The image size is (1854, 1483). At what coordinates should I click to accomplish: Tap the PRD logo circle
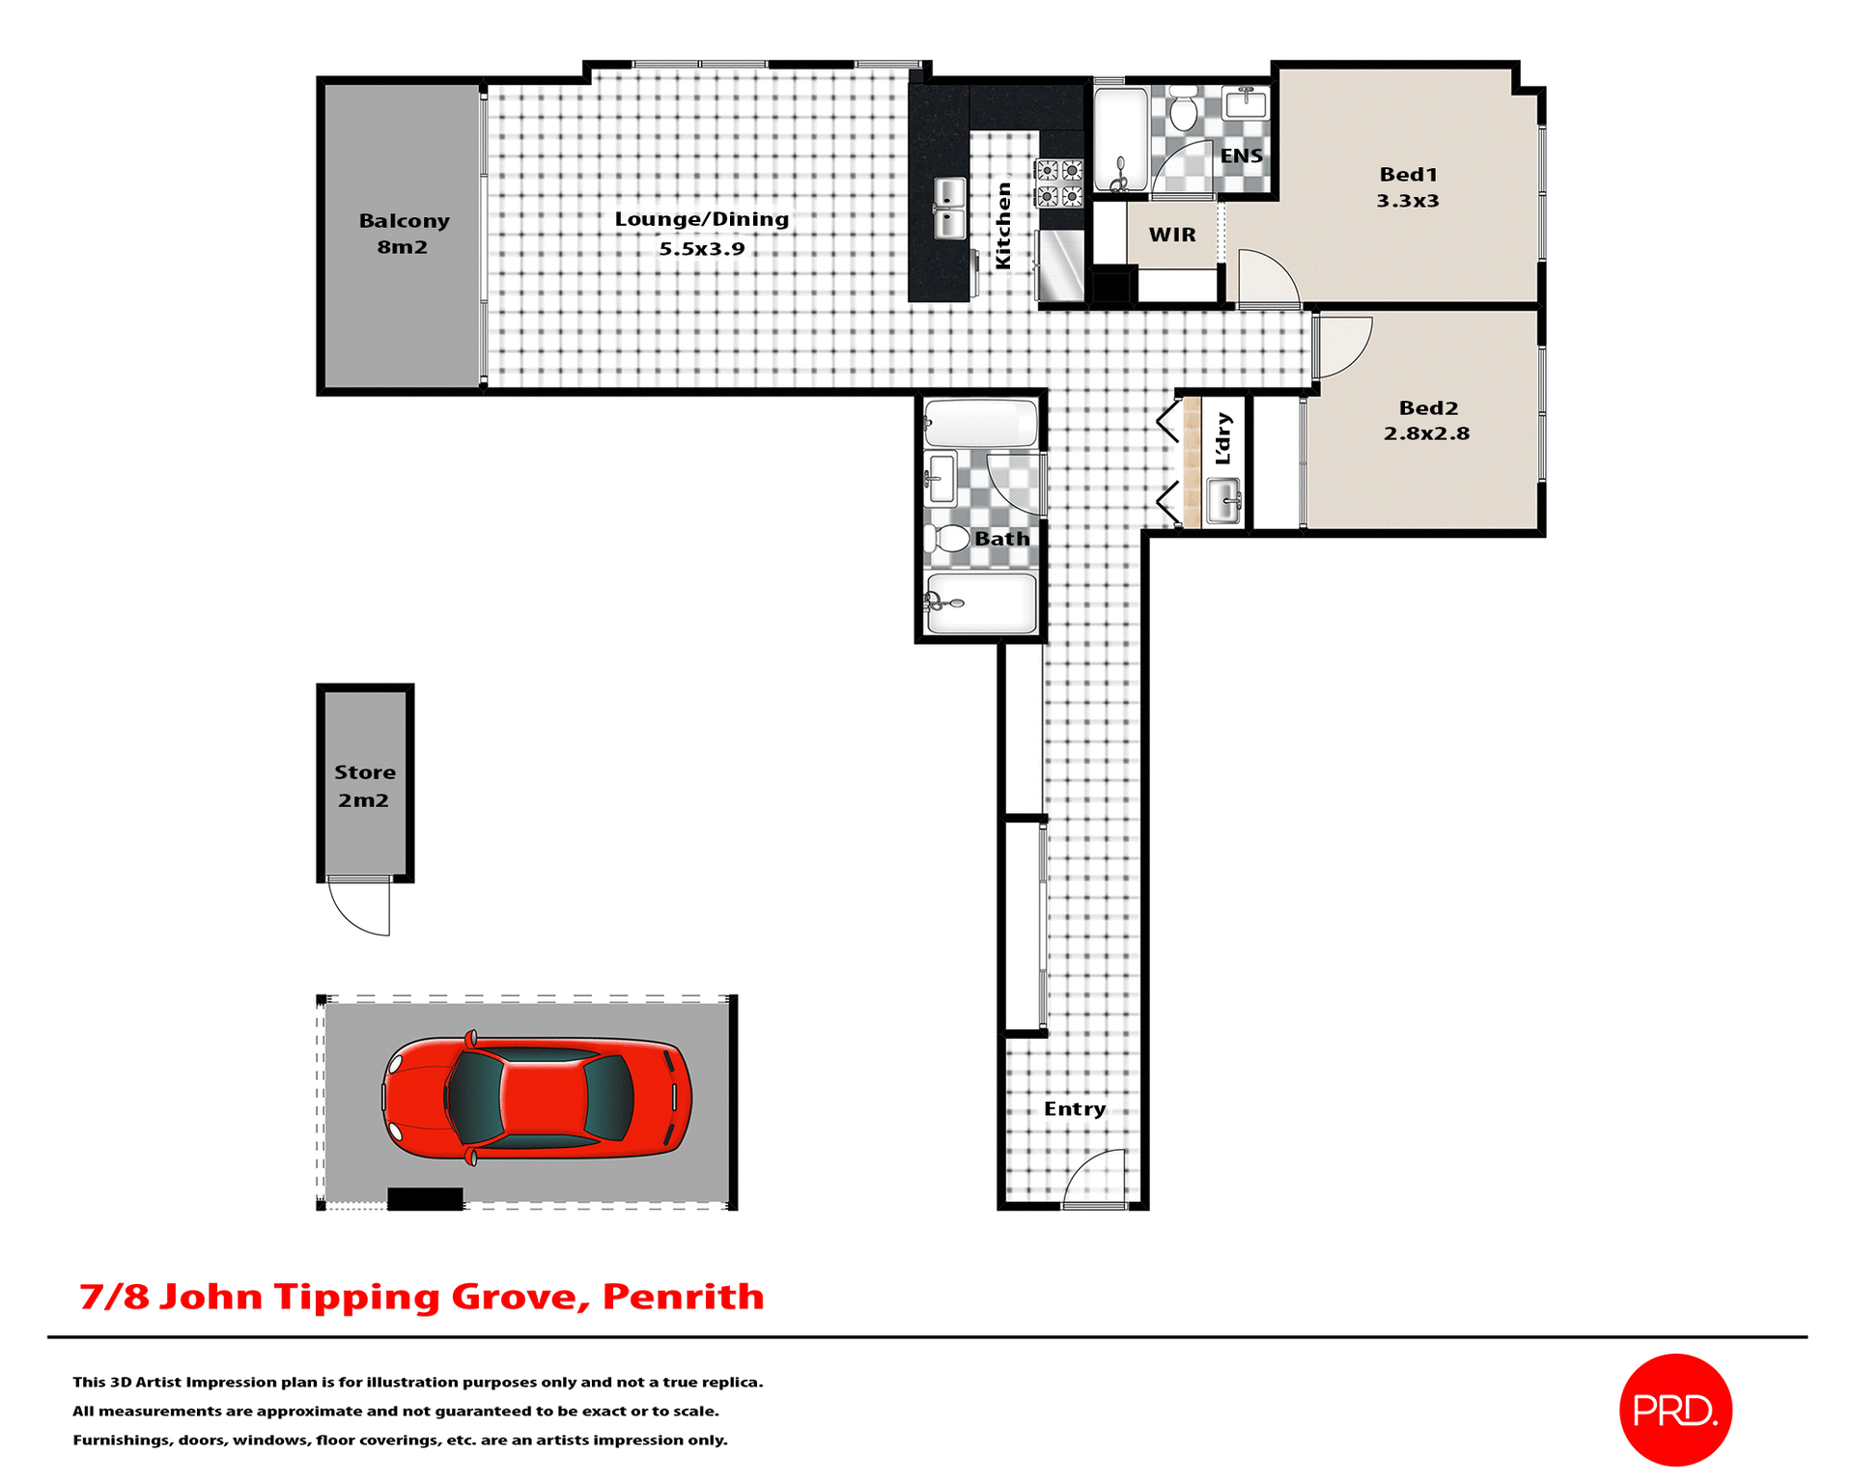click(1674, 1410)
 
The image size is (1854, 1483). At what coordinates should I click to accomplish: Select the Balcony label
click(404, 221)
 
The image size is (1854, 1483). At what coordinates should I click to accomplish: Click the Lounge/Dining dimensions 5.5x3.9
click(702, 249)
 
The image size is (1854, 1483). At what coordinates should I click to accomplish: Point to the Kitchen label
click(1003, 226)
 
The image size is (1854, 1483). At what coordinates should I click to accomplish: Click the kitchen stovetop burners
click(1059, 183)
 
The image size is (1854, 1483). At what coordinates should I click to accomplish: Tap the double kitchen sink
click(950, 209)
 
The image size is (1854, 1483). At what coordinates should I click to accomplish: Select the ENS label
click(1241, 156)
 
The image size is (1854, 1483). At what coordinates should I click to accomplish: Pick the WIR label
click(1172, 235)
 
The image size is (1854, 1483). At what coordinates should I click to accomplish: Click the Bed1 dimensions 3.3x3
click(1407, 201)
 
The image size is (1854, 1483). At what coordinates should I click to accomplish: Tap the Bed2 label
click(1428, 408)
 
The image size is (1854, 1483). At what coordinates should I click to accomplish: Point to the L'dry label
click(1223, 438)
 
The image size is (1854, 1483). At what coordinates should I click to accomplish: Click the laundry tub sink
click(1223, 501)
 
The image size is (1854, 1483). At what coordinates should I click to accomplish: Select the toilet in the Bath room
click(950, 539)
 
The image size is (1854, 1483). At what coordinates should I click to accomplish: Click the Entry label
click(1075, 1109)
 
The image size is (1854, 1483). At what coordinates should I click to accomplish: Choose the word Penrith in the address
click(683, 1297)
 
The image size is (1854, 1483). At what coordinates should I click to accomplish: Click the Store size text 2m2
click(363, 800)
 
